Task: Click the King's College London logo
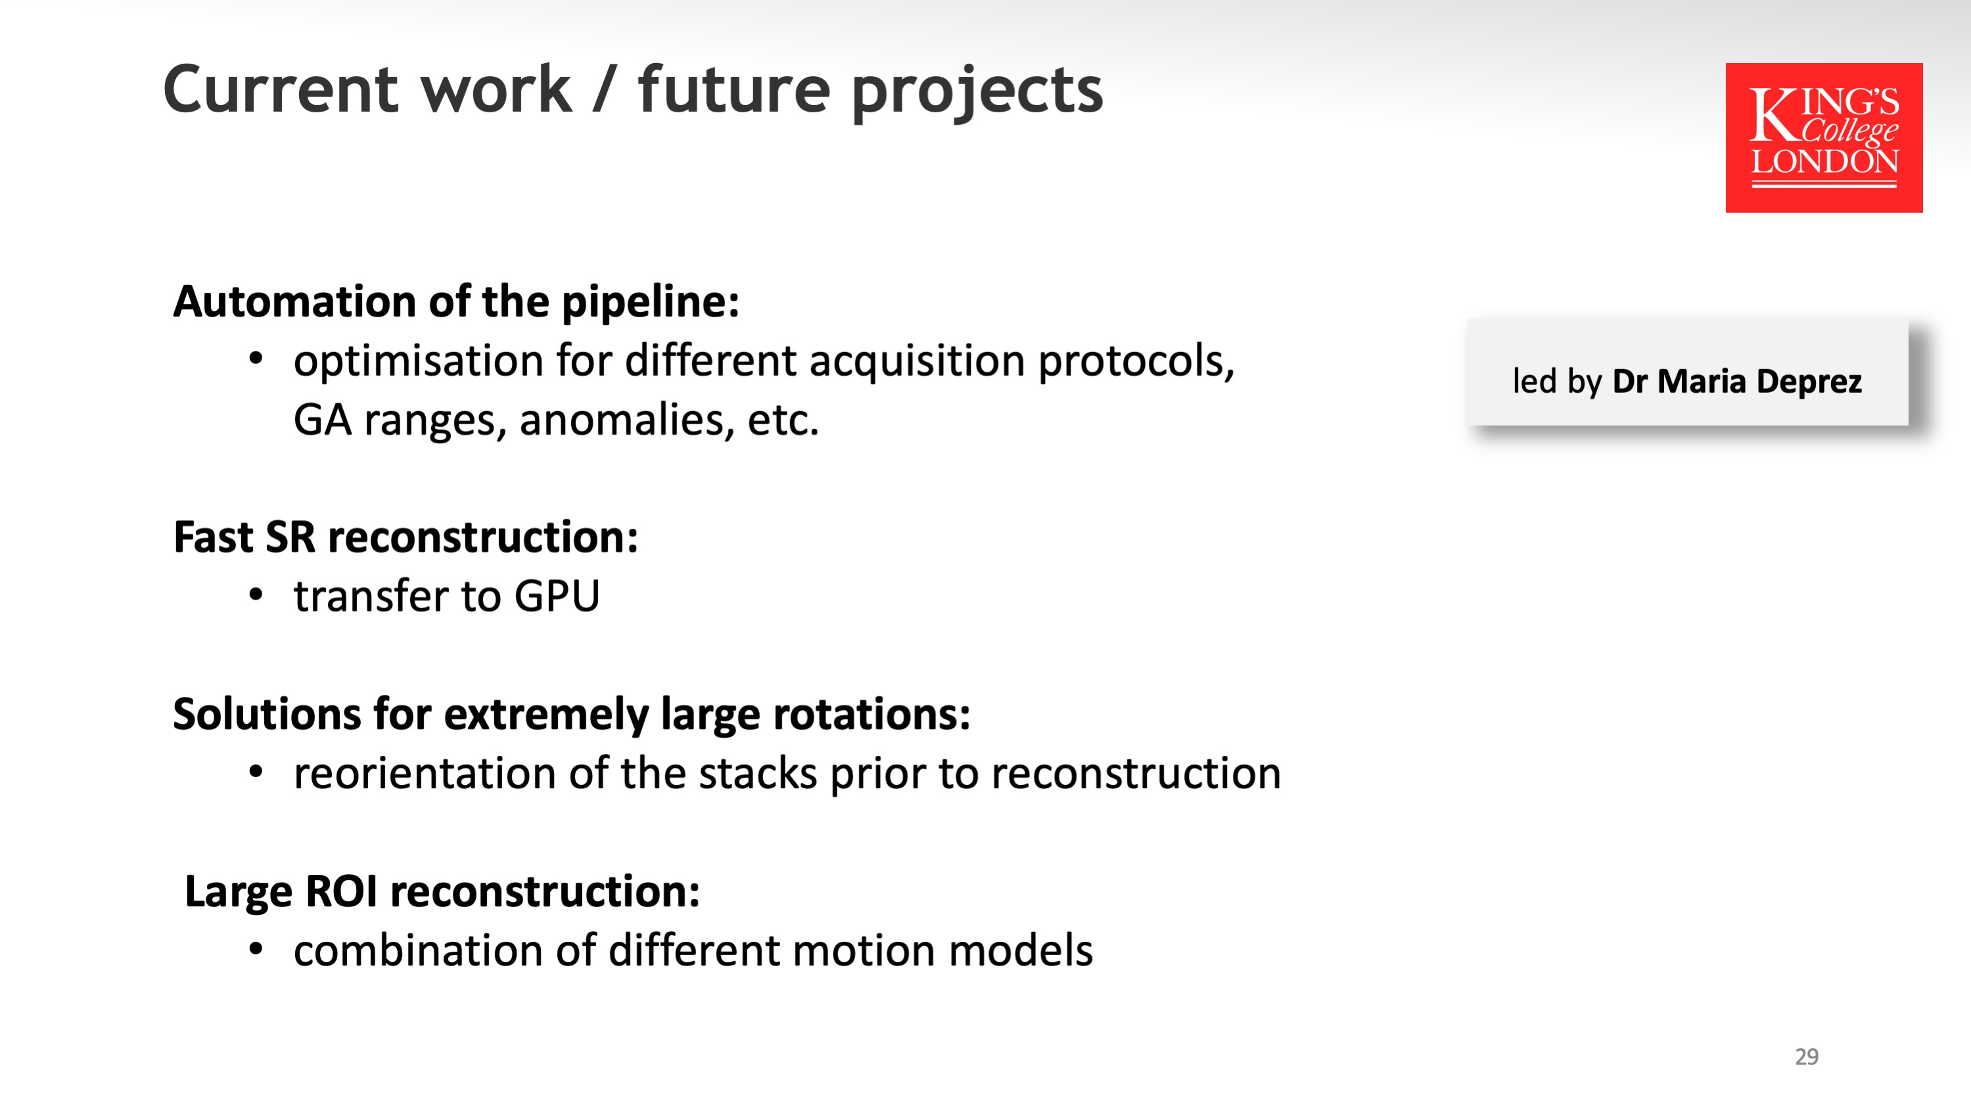pyautogui.click(x=1823, y=138)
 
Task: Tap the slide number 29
pyautogui.click(x=1807, y=1056)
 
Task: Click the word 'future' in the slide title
pyautogui.click(x=733, y=89)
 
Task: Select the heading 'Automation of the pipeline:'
pyautogui.click(x=456, y=302)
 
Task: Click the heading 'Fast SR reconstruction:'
pyautogui.click(x=406, y=537)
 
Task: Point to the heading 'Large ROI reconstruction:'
pyautogui.click(x=442, y=892)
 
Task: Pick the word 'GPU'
pyautogui.click(x=557, y=596)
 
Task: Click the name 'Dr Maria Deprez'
pyautogui.click(x=1737, y=382)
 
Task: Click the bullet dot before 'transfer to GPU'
pyautogui.click(x=256, y=594)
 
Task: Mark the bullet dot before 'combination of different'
pyautogui.click(x=256, y=949)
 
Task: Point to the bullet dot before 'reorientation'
pyautogui.click(x=256, y=772)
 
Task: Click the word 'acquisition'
pyautogui.click(x=917, y=362)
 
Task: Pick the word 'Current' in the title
pyautogui.click(x=283, y=89)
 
